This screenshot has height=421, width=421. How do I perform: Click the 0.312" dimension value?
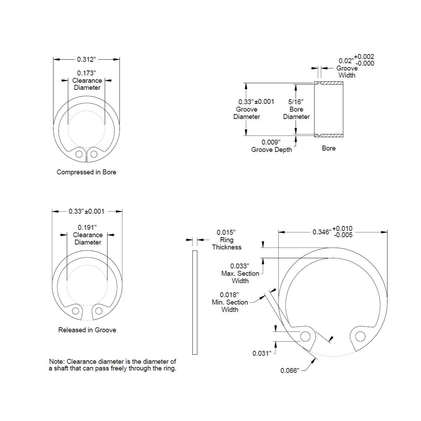tap(86, 59)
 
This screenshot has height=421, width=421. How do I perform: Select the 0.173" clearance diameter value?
tap(86, 73)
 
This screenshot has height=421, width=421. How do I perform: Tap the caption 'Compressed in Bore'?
tap(86, 172)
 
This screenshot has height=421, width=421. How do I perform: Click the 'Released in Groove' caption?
tap(87, 330)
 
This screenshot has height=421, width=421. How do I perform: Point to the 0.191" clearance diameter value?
tap(87, 227)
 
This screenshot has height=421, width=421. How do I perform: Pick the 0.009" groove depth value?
tap(271, 142)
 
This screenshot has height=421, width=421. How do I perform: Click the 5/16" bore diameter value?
tap(296, 102)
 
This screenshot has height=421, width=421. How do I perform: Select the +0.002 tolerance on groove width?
tap(364, 56)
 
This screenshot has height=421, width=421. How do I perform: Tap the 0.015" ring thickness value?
tap(226, 232)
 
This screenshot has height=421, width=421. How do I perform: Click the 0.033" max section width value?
tap(240, 266)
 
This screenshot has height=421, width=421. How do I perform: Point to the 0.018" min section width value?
tap(229, 295)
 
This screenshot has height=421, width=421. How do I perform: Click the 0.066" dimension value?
tap(290, 370)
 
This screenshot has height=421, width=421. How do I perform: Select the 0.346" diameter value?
tap(322, 232)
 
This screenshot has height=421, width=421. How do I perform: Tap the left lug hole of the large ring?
tap(305, 337)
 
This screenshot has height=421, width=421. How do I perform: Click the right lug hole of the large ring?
tap(360, 337)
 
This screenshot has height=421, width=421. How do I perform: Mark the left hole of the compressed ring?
tap(80, 154)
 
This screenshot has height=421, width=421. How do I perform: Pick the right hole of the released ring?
tap(99, 311)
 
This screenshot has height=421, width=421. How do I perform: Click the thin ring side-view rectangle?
tap(195, 302)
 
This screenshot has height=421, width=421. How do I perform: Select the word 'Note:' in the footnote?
tap(57, 361)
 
